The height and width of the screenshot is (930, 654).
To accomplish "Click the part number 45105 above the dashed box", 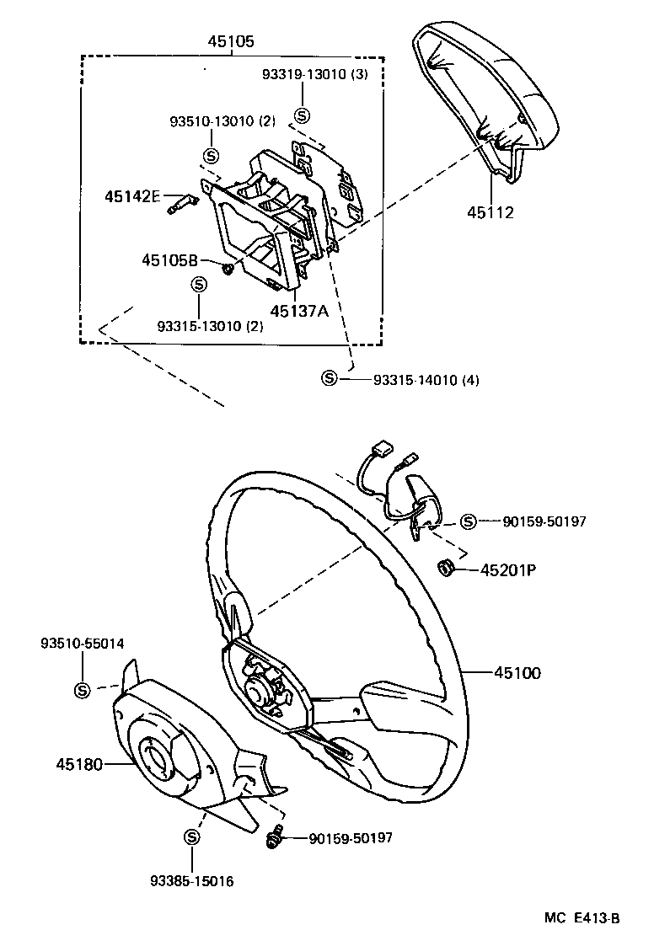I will (x=232, y=40).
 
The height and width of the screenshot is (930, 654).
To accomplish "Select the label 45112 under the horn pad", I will (x=490, y=213).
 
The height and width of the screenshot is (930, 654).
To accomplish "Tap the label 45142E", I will (x=132, y=196).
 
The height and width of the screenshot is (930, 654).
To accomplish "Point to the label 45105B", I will (x=169, y=260).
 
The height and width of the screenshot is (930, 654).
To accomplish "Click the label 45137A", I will (x=299, y=310).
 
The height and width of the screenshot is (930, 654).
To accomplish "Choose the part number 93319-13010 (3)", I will (x=314, y=74).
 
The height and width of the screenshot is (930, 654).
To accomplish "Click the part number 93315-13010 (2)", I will (x=209, y=326).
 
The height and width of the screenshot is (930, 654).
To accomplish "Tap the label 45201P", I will (x=508, y=570).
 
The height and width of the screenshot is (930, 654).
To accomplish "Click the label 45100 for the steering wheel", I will (x=517, y=673).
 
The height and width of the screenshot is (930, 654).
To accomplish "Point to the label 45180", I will (x=79, y=765).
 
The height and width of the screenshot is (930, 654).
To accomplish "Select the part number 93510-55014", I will (x=82, y=644).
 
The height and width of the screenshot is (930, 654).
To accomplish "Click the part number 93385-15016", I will (x=191, y=881).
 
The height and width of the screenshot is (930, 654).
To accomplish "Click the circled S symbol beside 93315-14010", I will (x=330, y=379).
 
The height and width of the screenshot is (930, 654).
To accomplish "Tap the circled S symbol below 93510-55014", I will (x=82, y=690).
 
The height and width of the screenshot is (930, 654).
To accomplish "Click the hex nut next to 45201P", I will (x=448, y=569).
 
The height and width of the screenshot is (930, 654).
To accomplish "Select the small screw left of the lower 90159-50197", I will (x=273, y=838).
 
